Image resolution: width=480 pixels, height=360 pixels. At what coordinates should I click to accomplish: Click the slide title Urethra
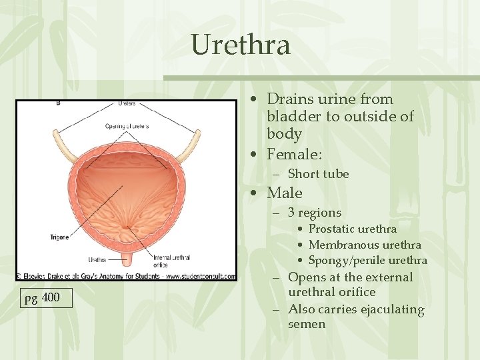point(241,45)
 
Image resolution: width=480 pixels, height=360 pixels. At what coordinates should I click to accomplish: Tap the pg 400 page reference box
point(43,297)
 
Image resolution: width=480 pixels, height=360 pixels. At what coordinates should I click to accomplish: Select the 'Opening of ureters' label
point(127,126)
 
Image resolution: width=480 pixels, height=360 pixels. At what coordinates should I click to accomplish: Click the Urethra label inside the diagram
point(97,259)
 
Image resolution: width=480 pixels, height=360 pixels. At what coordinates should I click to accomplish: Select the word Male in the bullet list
point(285,193)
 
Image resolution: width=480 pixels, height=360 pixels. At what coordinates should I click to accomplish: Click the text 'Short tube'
point(318,174)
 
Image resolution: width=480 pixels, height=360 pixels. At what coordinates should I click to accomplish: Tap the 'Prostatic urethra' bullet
point(353,229)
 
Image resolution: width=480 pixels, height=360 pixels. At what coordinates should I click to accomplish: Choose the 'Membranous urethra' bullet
point(365,245)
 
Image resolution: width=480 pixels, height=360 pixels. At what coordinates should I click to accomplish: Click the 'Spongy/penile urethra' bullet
point(368,261)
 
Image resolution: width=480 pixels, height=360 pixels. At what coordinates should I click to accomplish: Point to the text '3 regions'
point(314,213)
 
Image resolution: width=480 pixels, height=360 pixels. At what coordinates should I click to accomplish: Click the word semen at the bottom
point(307,325)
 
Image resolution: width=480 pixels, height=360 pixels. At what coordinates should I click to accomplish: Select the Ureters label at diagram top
point(126,103)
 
